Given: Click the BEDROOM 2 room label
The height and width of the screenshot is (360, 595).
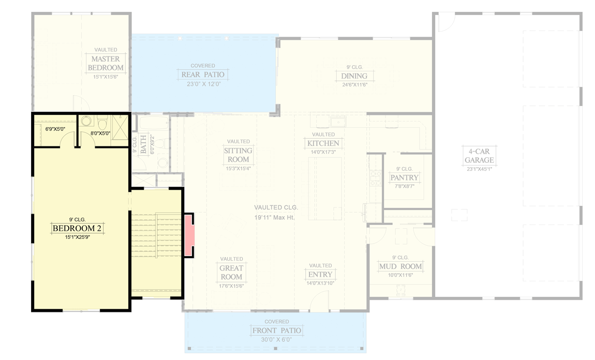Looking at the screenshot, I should point(76,228).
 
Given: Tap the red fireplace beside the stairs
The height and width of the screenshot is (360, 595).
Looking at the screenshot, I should point(188,235).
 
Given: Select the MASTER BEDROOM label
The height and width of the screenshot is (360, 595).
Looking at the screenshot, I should point(106,63).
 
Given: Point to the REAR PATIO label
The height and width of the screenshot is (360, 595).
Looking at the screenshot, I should point(202,75).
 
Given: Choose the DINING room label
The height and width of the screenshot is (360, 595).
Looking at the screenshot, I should point(354,76).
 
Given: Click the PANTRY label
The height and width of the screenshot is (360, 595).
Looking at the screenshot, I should point(404,178).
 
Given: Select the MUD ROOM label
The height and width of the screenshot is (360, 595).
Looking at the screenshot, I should point(400,267).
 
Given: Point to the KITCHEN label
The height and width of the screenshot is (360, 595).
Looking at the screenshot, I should point(323,143).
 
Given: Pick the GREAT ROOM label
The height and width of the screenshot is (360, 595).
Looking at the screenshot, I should point(231,273).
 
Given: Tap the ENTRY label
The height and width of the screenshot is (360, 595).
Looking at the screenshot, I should point(320,274).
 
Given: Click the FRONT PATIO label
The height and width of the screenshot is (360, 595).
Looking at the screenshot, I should point(276,331).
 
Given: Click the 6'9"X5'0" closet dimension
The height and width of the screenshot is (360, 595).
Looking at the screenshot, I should point(55,128).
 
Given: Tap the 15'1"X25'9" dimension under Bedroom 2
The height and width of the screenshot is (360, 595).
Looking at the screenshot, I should point(76,237).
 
